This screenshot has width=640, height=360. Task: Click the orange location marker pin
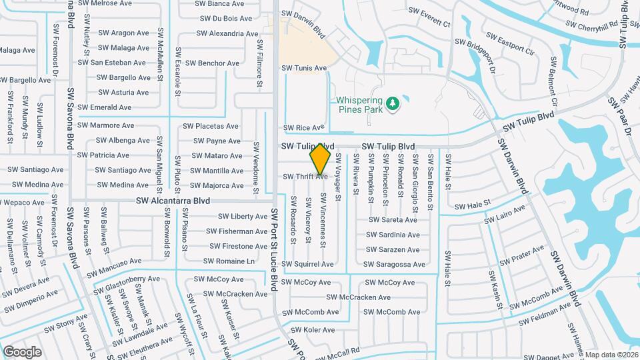coord(321,159)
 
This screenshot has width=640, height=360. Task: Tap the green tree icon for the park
coord(393,102)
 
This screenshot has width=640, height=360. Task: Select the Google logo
coord(22,352)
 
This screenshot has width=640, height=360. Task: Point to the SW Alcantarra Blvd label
coord(173,201)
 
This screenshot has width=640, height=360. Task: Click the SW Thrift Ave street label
coord(305,177)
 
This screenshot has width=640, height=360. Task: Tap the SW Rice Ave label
coord(304,127)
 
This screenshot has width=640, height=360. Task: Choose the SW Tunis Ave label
coord(304,68)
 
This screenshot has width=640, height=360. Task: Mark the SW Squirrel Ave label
coord(307,265)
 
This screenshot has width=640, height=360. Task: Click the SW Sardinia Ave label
coord(393,235)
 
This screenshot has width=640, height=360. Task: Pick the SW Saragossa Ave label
coord(395,265)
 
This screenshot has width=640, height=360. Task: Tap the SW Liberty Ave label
coord(243,217)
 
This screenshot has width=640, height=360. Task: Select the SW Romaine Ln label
coord(229,261)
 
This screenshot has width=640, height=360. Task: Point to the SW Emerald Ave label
coord(105,107)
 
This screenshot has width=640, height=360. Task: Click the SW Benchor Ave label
coord(212,63)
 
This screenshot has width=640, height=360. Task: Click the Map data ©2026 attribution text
coord(611,355)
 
